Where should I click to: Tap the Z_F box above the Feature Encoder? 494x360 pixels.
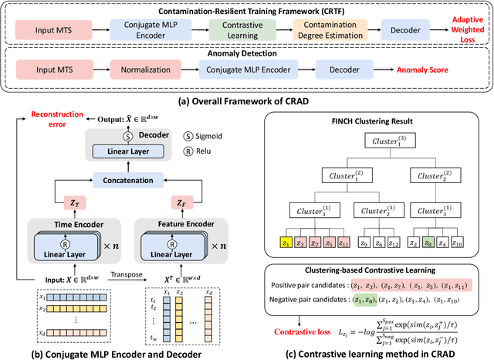click(x=179, y=203)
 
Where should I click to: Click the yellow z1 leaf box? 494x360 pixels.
click(x=288, y=243)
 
